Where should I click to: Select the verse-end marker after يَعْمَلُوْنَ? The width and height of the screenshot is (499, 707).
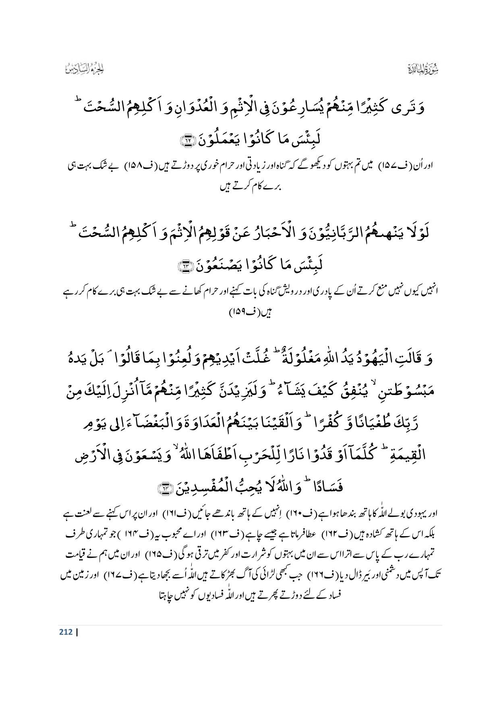[x=187, y=141]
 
